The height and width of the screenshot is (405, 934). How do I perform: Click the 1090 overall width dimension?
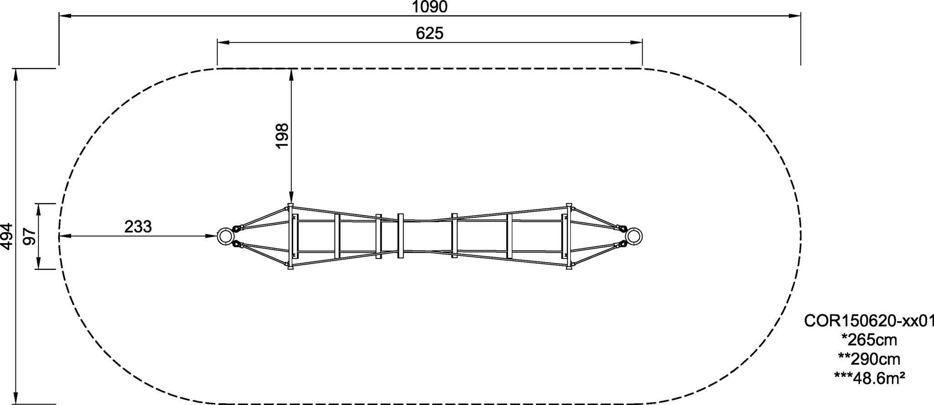point(430,7)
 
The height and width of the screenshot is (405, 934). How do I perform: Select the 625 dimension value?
point(430,33)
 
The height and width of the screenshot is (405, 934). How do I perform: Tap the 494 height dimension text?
point(7,236)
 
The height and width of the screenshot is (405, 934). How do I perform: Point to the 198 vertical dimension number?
point(282,135)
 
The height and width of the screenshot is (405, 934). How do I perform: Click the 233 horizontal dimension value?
point(138,226)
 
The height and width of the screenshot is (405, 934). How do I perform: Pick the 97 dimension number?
point(30,236)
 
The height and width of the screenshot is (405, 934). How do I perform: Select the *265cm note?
point(869,340)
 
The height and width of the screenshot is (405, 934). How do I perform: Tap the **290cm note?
point(869,358)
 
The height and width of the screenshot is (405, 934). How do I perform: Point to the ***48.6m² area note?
point(869,377)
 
